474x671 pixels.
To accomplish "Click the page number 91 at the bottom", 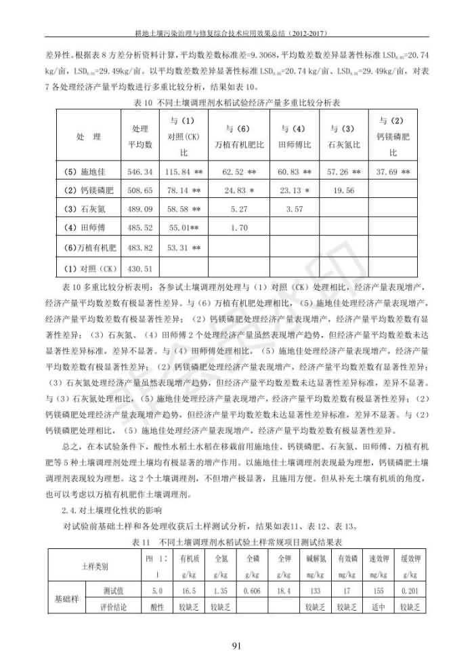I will (x=237, y=645).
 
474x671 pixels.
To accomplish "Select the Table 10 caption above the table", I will (x=236, y=103).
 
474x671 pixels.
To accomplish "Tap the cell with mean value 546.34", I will (x=139, y=172).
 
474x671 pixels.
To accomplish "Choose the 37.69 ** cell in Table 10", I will (x=392, y=172).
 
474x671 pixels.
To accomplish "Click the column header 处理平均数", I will (x=139, y=136).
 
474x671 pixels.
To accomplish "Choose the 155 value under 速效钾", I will (x=378, y=591).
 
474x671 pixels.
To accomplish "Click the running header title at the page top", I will (x=237, y=32).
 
